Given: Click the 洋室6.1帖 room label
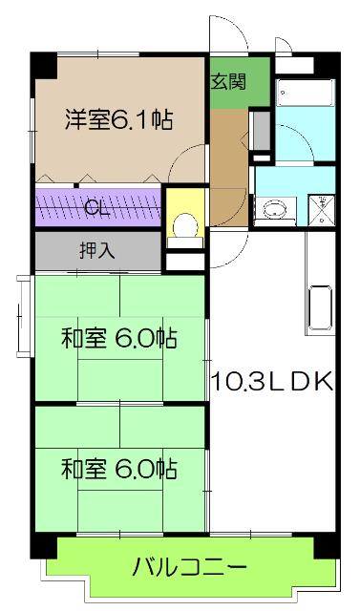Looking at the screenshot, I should tap(118, 120).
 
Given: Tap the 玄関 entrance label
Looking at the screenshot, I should tap(229, 81).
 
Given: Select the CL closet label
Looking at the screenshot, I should tap(95, 206).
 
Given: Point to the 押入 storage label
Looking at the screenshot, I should tap(96, 252).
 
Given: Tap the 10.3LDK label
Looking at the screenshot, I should tap(272, 381).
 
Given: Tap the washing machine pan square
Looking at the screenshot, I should tap(324, 207).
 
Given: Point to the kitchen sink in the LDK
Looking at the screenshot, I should tap(320, 308).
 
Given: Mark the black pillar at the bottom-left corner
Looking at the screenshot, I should tap(40, 546).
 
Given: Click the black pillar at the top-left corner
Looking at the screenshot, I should tap(41, 64).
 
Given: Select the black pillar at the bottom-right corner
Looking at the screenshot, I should tap(330, 547).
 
